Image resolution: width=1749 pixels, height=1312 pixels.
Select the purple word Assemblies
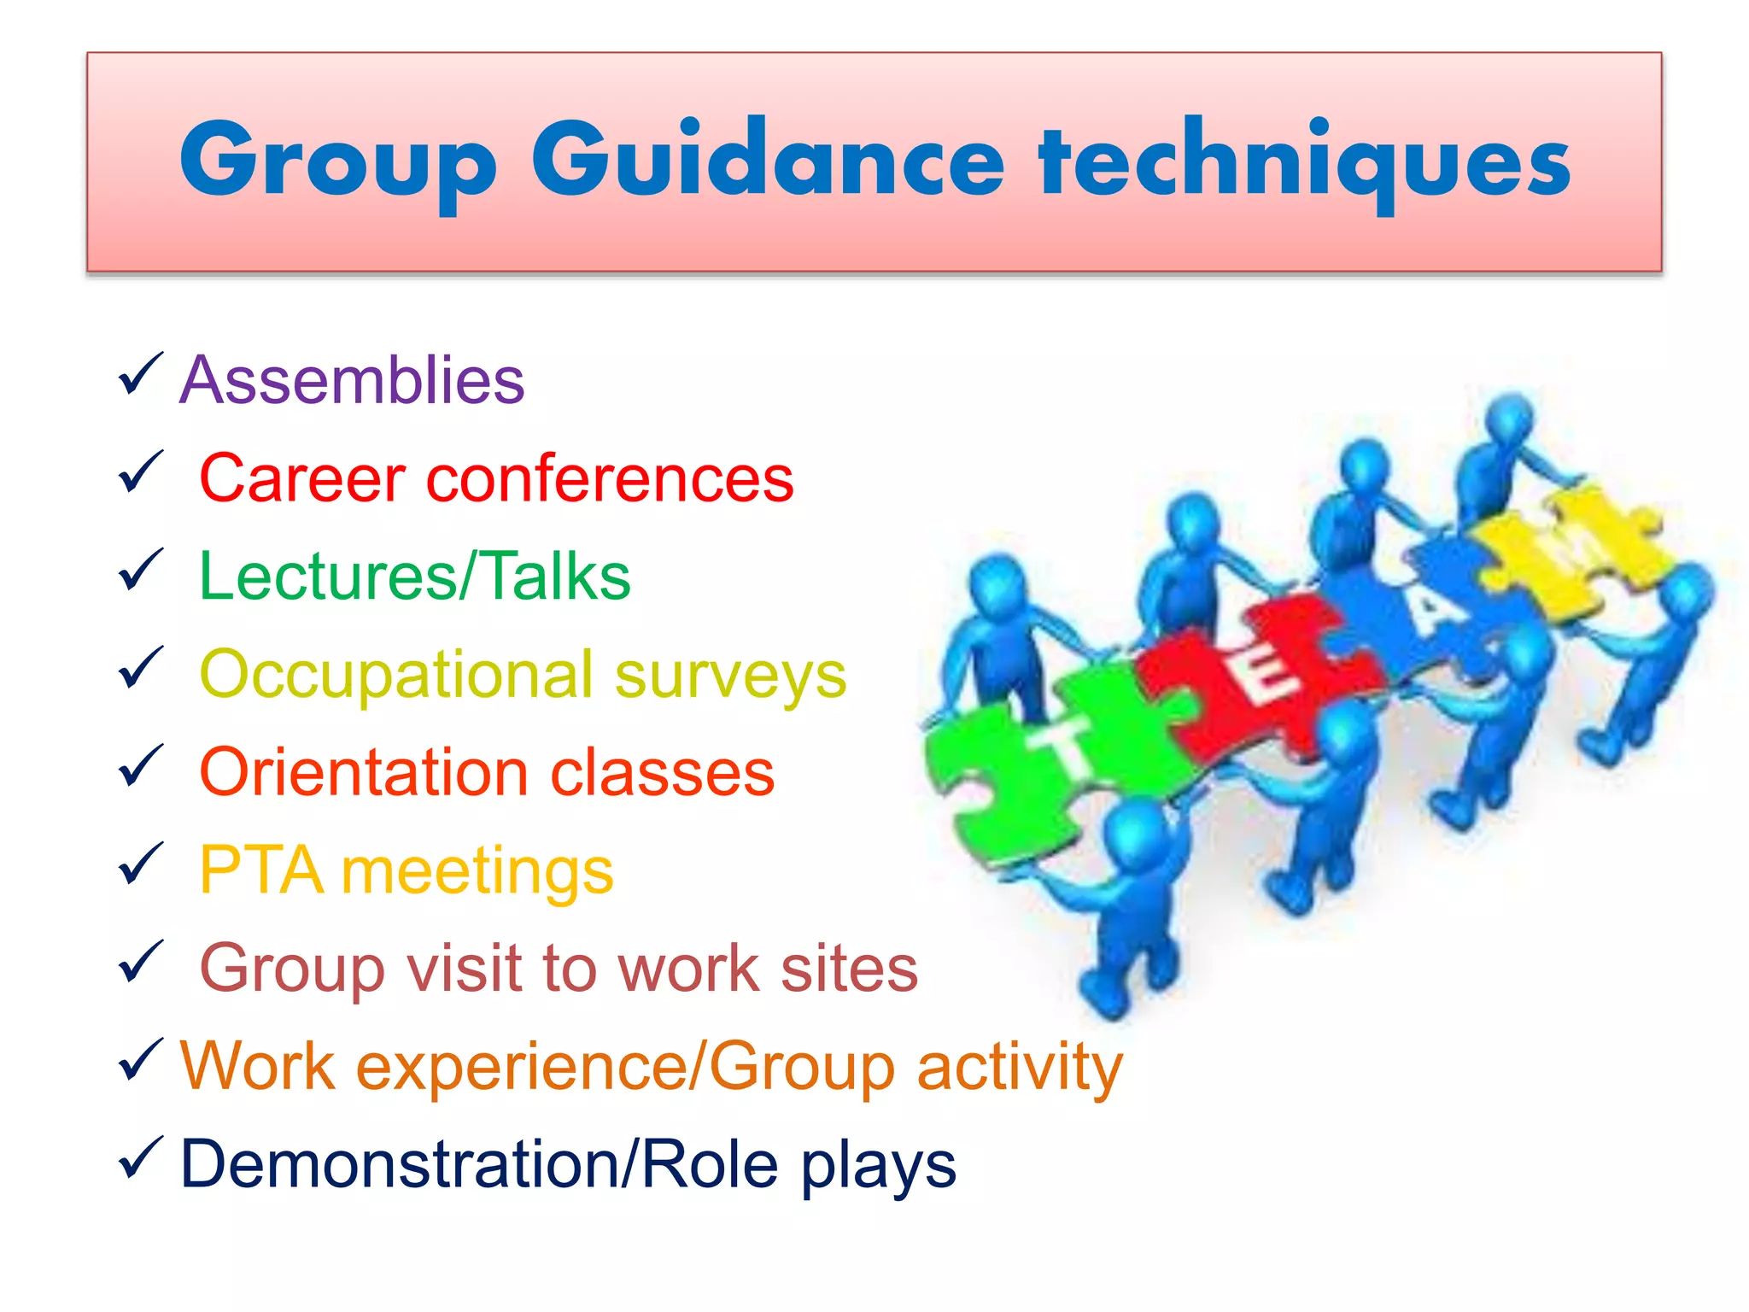coord(352,380)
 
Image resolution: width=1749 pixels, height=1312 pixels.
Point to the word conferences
coord(610,478)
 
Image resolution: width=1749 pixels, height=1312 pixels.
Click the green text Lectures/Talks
coord(414,576)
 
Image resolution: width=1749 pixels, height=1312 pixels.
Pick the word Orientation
coord(364,772)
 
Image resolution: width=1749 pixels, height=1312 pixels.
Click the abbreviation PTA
coord(261,870)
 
